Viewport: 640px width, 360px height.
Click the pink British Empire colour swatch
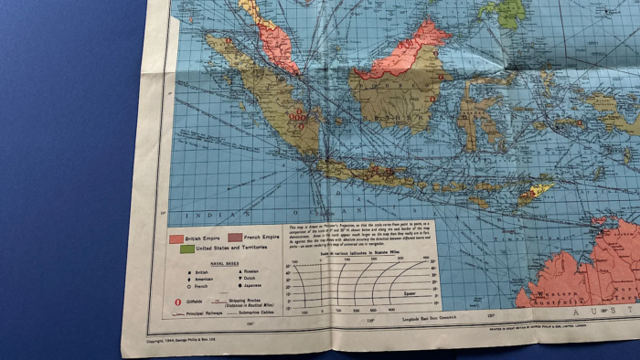click(176, 238)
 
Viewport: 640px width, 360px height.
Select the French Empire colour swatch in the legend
click(234, 238)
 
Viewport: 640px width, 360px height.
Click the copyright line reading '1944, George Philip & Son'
click(187, 341)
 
